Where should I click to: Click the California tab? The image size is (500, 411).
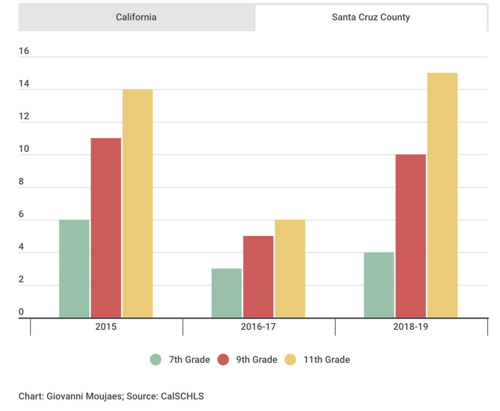coord(136,17)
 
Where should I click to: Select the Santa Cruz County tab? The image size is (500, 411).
coord(371,17)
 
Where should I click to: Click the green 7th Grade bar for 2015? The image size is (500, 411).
coord(74,269)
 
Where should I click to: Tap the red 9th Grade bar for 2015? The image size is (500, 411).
coord(106,228)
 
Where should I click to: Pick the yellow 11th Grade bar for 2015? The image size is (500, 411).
coord(137,204)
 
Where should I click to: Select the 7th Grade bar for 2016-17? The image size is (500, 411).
coord(226,293)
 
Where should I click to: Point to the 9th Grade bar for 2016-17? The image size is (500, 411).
coord(258,277)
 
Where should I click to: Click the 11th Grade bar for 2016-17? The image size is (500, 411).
coord(290,269)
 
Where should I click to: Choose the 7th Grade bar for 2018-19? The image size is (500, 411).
coord(379,285)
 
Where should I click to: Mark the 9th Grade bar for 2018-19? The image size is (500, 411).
coord(411,236)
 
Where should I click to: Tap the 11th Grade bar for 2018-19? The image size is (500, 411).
coord(442,196)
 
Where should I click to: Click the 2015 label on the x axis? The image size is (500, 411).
coord(106,327)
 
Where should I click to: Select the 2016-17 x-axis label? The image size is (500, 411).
coord(258,327)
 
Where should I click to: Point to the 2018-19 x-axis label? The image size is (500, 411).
coord(411,327)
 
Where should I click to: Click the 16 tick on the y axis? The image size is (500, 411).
coord(24,51)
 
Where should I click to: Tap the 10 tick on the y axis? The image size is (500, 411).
coord(24,149)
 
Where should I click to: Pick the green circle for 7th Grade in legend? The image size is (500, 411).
coord(155,359)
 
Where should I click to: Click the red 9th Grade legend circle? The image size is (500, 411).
coord(223,359)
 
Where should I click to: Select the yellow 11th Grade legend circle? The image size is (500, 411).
coord(290,359)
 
